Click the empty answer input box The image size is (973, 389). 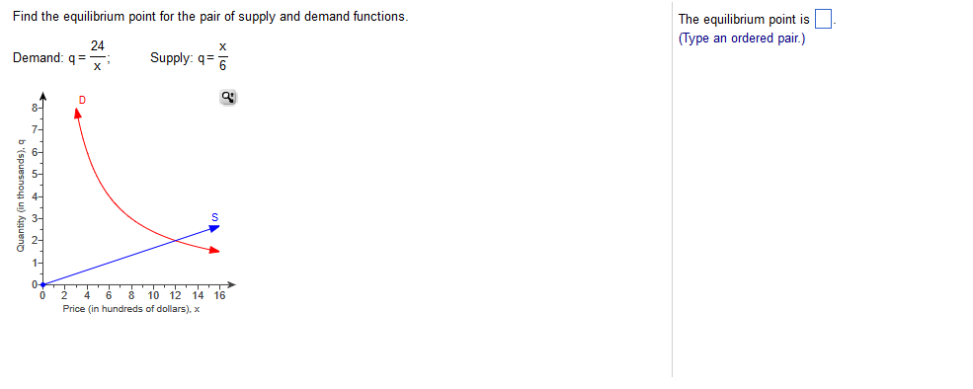(824, 20)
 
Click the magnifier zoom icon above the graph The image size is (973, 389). (228, 97)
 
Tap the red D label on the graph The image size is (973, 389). (83, 99)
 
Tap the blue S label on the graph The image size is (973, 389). (213, 217)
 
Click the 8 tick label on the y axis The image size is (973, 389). (35, 107)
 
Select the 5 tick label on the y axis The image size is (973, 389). (35, 173)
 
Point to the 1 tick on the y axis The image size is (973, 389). (35, 262)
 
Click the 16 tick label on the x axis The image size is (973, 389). (219, 295)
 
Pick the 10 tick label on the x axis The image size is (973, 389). (153, 295)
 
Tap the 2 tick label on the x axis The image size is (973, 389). (64, 295)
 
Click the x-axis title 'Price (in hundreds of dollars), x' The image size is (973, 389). (131, 309)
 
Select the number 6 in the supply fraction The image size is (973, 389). (222, 67)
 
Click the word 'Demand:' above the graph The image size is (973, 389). (38, 58)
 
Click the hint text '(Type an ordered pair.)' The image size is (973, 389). (741, 39)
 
